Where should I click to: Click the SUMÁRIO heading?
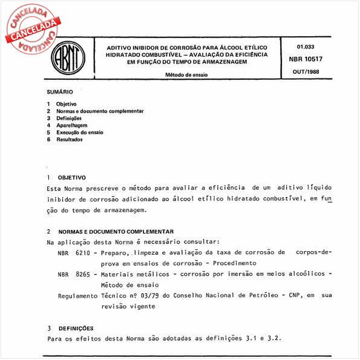pos(60,92)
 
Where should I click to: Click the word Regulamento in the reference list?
pos(77,296)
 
